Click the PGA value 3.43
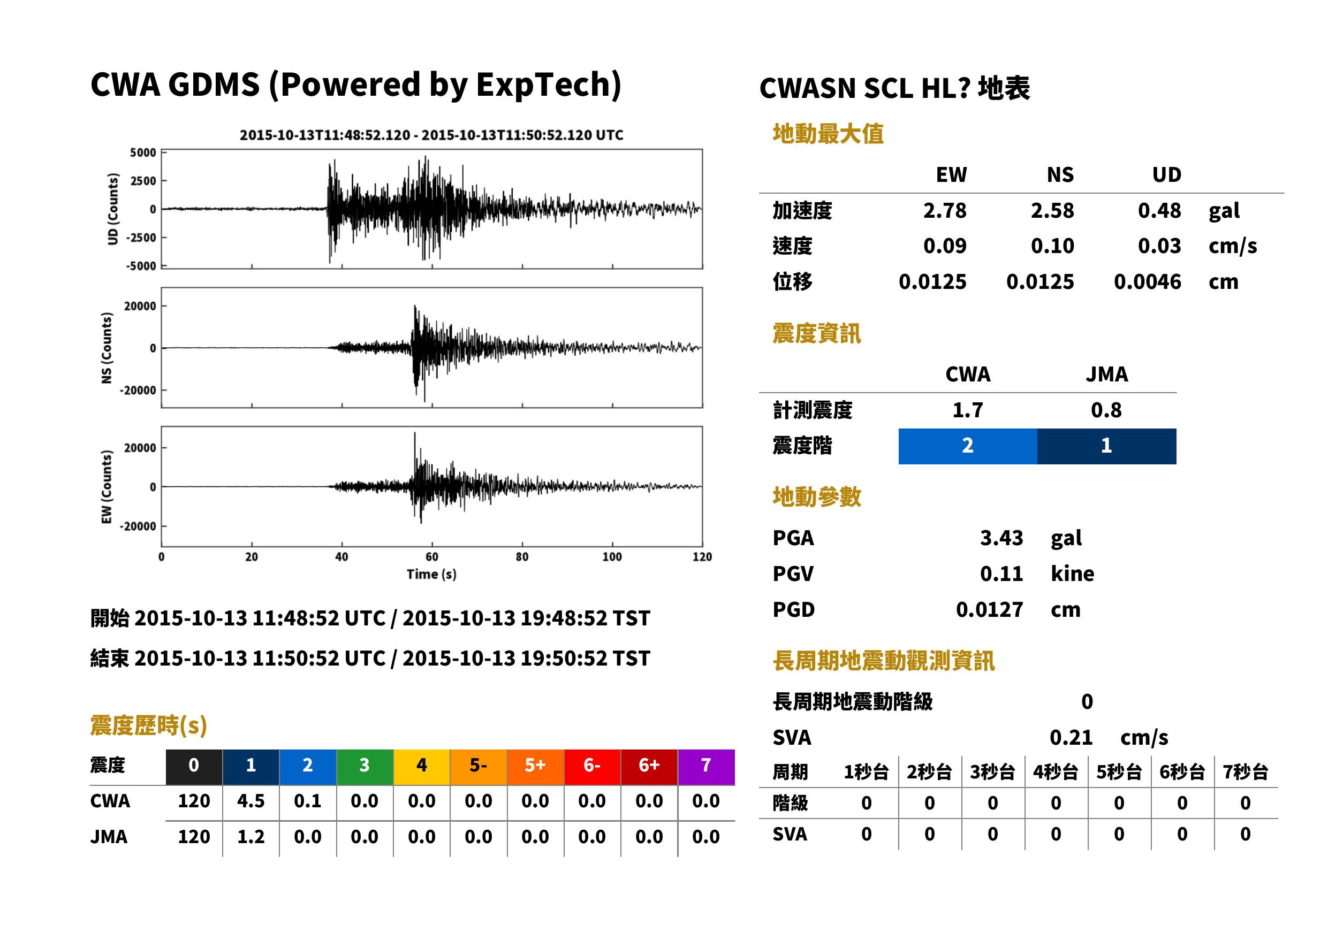click(1001, 538)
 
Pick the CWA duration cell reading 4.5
click(251, 801)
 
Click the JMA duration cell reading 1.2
click(251, 837)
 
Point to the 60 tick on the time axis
click(431, 557)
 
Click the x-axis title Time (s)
click(431, 575)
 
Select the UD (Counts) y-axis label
click(113, 209)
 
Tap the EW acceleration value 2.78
click(944, 211)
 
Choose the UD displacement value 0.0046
click(1147, 282)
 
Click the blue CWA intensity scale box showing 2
click(968, 446)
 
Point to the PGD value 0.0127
click(989, 610)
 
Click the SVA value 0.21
click(1071, 738)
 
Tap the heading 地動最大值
click(828, 134)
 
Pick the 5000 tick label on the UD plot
click(143, 153)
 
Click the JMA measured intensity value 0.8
click(1106, 410)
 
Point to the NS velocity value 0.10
click(1052, 246)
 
